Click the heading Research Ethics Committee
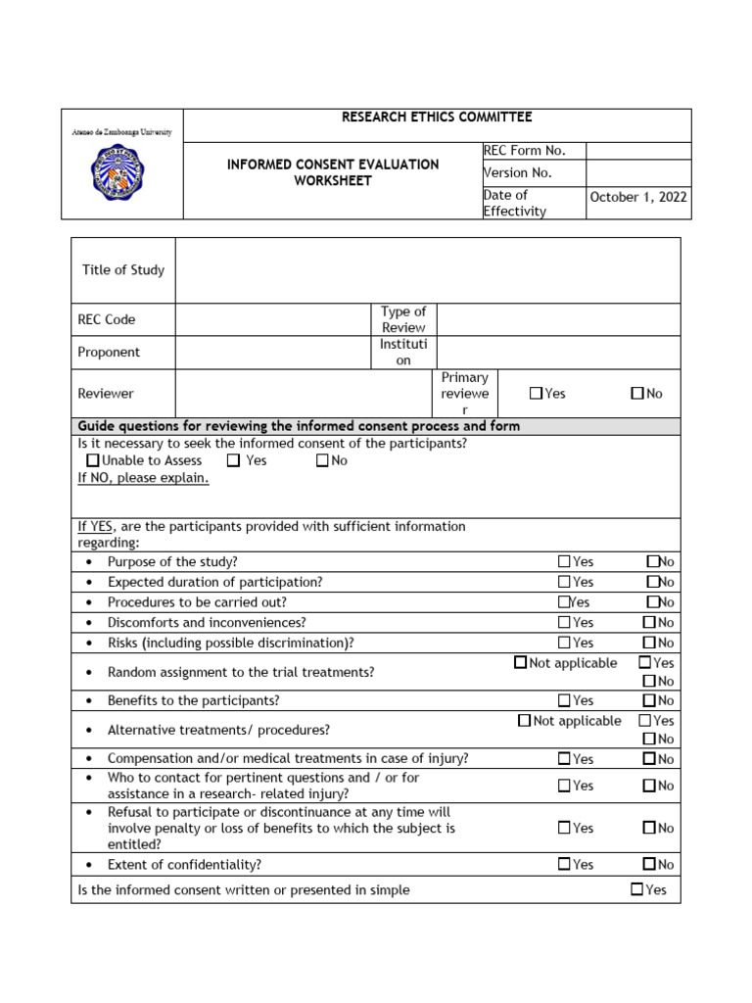coord(437,118)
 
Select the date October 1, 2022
coord(638,197)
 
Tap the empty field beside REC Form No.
coord(638,151)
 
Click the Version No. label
coord(518,173)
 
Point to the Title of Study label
coord(123,270)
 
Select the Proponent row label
coord(109,353)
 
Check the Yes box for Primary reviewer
coord(536,394)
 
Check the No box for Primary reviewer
coord(637,394)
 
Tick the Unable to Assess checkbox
coord(93,460)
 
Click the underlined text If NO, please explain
coord(143,479)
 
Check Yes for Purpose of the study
coord(564,562)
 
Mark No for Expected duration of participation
coord(652,582)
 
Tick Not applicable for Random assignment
coord(520,663)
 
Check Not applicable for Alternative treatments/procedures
coord(524,721)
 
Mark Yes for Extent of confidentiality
coord(564,864)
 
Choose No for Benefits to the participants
coord(649,700)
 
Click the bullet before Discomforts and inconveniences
coord(90,623)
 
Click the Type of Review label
coord(403,319)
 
